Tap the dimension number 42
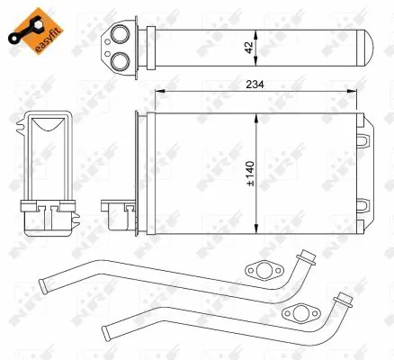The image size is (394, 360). point(261,45)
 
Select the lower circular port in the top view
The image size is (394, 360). point(118,58)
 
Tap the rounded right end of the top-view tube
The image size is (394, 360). point(366,46)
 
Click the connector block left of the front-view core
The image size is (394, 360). point(119,214)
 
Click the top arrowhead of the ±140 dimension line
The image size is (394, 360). point(257,114)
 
